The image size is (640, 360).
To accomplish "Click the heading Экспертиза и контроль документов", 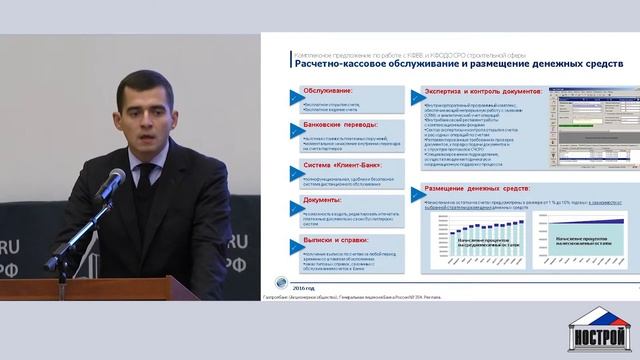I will [x=479, y=91].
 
